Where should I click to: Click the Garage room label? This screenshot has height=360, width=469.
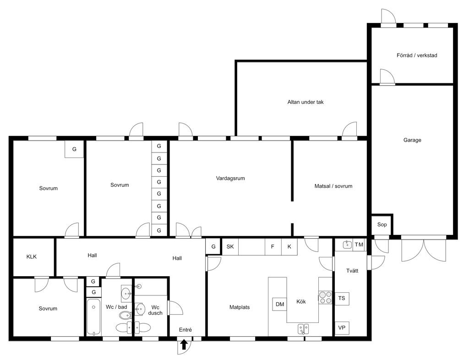point(412,140)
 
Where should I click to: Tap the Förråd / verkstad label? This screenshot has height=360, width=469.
point(417,55)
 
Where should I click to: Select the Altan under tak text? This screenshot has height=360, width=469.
point(305,102)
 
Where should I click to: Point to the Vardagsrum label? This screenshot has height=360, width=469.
point(230,178)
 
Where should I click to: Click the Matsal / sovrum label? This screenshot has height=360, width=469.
point(333,186)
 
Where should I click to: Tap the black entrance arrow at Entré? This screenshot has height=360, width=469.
point(184,344)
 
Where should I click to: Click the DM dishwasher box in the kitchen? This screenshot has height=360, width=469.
point(280,305)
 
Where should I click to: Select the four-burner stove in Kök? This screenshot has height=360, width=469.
point(326,297)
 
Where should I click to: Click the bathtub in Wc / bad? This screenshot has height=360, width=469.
point(94,317)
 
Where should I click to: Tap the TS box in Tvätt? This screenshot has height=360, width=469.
point(342,299)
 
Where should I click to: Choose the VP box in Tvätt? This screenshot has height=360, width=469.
point(342,328)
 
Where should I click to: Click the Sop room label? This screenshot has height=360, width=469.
point(382,224)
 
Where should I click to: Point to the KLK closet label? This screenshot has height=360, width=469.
point(32,256)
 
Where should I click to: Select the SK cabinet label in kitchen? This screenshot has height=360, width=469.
point(230,247)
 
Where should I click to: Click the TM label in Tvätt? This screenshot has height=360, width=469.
point(359,245)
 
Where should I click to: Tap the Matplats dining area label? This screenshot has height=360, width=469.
point(240,307)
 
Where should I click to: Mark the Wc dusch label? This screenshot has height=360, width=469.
point(155,310)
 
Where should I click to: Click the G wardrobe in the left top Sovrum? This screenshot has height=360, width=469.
point(74,149)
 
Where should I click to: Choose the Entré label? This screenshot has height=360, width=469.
point(185,330)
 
